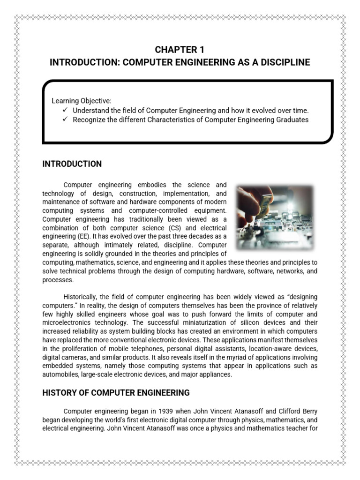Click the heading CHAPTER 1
point(180,50)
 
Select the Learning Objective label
point(82,101)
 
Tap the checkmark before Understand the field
point(65,110)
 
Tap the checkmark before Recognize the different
point(65,120)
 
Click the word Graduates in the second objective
point(292,120)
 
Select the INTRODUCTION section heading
point(72,164)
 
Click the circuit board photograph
point(275,217)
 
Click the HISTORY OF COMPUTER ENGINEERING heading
point(116,392)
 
